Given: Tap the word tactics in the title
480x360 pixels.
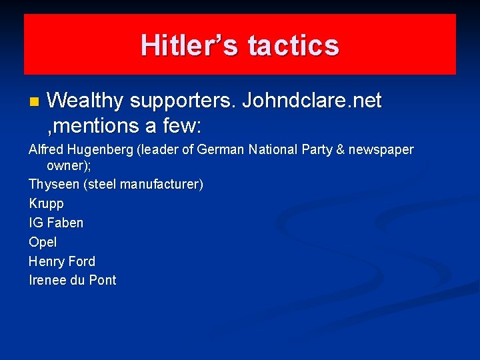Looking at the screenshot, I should (293, 45).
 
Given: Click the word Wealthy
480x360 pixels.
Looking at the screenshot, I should (85, 101).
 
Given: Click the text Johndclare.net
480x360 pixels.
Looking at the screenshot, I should (312, 101).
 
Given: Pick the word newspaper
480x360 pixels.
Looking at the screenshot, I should (381, 150).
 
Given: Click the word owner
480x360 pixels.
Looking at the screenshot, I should (64, 165).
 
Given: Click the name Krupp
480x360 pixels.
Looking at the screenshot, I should (47, 203).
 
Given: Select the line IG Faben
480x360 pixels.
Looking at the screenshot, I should (56, 223).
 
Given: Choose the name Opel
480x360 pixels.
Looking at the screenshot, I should (43, 242).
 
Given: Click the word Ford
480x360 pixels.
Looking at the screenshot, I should (81, 261).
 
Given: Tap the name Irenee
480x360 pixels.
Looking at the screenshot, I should (48, 281).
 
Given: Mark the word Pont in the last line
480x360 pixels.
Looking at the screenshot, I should (103, 281).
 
